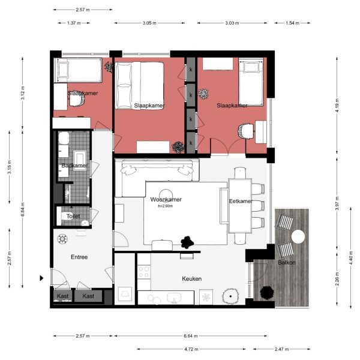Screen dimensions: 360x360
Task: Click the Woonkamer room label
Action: tap(166, 200)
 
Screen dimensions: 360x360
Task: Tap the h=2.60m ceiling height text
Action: tap(165, 206)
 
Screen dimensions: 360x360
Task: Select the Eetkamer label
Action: tap(241, 202)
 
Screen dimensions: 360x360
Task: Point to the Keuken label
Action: tap(191, 279)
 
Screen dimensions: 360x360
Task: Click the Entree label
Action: tap(79, 257)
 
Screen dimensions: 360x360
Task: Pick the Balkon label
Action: tap(286, 263)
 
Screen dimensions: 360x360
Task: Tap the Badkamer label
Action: tap(74, 165)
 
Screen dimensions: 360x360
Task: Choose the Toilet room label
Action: tap(73, 216)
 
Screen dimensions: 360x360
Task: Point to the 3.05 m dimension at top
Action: tap(150, 23)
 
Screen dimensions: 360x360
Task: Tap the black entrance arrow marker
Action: tap(41, 278)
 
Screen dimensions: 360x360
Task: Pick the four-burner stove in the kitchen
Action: tap(145, 272)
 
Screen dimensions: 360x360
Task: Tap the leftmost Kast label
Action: tap(62, 296)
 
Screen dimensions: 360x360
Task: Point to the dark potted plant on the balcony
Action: tap(266, 292)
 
